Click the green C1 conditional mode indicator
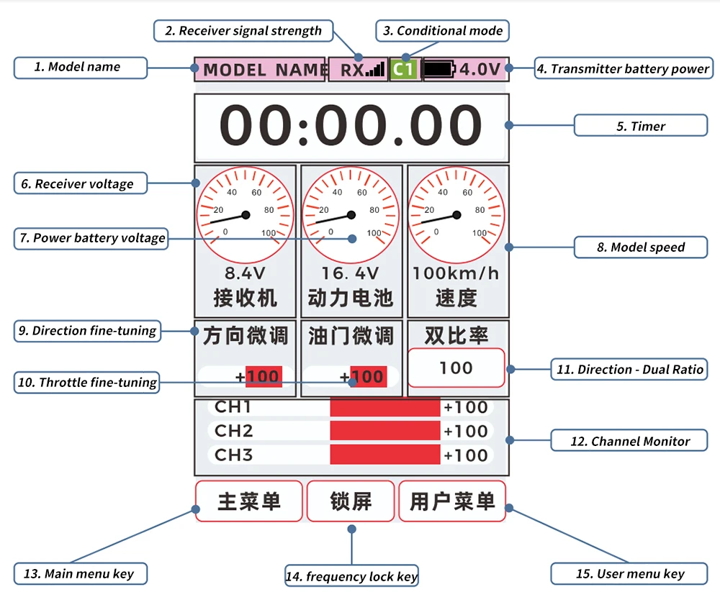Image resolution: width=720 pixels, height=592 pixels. pyautogui.click(x=404, y=69)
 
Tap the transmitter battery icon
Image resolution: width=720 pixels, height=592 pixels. pyautogui.click(x=439, y=69)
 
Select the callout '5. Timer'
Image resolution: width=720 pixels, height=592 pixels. pyautogui.click(x=641, y=125)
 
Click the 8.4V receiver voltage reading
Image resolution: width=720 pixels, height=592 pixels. pyautogui.click(x=245, y=273)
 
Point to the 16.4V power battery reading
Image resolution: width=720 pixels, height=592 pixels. pyautogui.click(x=350, y=273)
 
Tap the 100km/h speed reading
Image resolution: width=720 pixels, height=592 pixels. pyautogui.click(x=456, y=273)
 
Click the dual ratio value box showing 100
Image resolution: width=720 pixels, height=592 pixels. pyautogui.click(x=456, y=368)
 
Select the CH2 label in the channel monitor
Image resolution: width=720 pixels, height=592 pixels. pyautogui.click(x=233, y=430)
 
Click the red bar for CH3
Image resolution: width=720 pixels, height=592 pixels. pyautogui.click(x=384, y=455)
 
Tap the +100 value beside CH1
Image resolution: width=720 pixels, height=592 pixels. pyautogui.click(x=465, y=407)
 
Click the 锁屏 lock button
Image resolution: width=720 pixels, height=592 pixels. pyautogui.click(x=351, y=501)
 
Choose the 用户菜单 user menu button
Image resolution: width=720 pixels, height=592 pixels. pyautogui.click(x=452, y=501)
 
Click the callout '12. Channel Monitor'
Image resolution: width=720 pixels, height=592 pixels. pyautogui.click(x=629, y=440)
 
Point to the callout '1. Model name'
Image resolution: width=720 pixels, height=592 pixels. pyautogui.click(x=81, y=68)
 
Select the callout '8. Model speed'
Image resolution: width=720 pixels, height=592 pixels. pyautogui.click(x=641, y=247)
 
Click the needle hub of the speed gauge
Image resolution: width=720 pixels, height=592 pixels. pyautogui.click(x=456, y=215)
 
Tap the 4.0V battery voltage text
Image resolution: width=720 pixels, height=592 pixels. pyautogui.click(x=480, y=69)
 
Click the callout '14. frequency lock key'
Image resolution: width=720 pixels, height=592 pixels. pyautogui.click(x=352, y=575)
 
